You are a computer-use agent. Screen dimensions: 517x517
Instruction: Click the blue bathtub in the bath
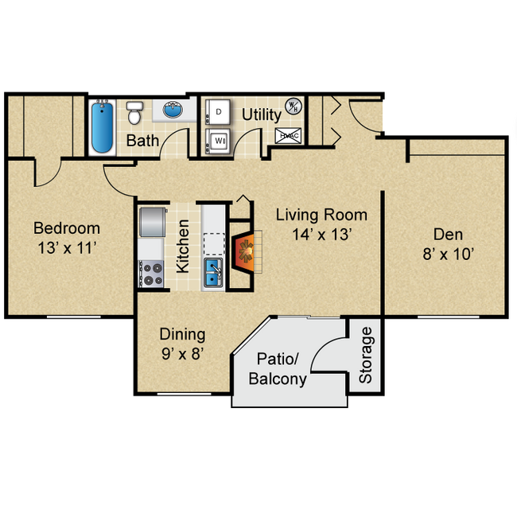102,127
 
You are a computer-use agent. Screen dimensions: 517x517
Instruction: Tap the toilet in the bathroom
134,113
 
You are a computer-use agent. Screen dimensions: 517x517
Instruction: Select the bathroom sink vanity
174,109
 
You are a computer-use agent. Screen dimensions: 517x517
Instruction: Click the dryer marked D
218,113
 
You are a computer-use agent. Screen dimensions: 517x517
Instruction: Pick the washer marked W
218,142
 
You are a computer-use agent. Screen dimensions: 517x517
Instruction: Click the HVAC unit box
288,136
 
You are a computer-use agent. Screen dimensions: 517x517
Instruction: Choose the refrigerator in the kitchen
151,223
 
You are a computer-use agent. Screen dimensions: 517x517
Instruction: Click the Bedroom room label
66,228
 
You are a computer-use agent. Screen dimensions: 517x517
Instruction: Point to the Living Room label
321,215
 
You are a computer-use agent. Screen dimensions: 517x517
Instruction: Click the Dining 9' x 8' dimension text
182,354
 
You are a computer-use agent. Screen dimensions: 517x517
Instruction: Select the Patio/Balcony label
277,370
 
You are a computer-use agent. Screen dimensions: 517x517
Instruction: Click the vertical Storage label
365,355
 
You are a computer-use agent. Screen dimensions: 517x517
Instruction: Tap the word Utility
262,115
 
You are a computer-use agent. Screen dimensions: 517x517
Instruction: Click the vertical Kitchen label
183,247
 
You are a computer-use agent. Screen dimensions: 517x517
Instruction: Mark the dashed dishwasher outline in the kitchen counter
214,241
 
